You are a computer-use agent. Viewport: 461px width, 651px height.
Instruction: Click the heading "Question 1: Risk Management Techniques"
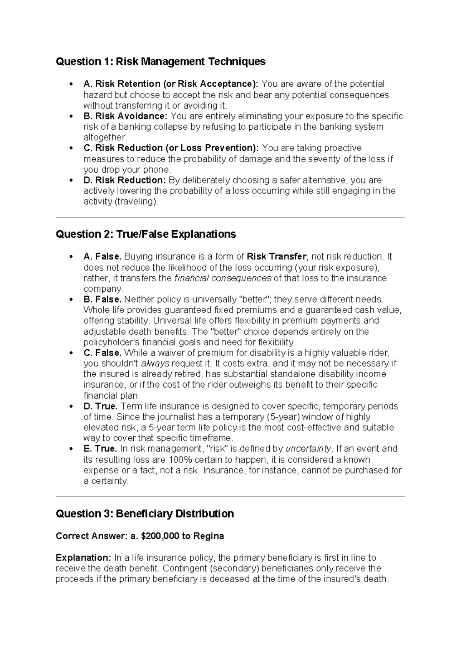click(161, 61)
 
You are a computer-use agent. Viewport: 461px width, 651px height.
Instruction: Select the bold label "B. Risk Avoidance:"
click(125, 116)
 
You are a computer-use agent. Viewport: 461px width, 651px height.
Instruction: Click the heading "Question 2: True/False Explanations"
click(146, 234)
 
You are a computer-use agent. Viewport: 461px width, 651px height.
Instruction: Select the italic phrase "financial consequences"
click(223, 278)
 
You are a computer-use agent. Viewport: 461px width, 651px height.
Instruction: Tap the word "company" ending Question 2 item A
click(103, 289)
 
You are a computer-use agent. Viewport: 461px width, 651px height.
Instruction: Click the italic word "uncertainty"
click(308, 449)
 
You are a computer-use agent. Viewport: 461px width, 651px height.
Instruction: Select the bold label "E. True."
click(100, 449)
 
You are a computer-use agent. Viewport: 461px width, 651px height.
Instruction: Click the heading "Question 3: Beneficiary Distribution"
click(145, 514)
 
